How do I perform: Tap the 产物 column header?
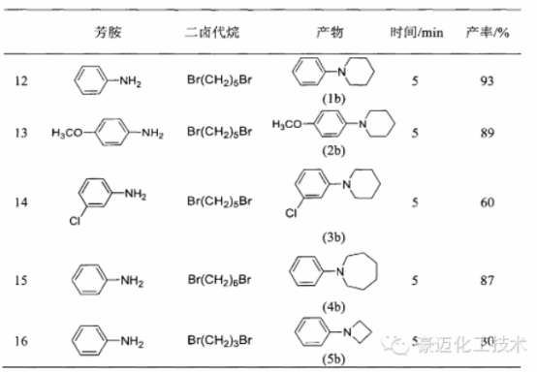click(332, 33)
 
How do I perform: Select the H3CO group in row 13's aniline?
click(68, 132)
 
